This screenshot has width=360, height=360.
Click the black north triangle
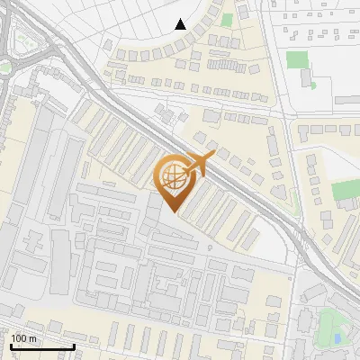point(181,24)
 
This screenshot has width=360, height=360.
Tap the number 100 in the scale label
point(19,338)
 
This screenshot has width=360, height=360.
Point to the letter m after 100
point(32,338)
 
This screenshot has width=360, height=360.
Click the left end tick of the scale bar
point(12,346)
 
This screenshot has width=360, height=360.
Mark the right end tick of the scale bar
point(74,346)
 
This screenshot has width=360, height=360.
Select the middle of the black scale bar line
point(42,346)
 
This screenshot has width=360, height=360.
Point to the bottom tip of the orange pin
point(173,212)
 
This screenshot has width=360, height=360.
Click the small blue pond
point(337,338)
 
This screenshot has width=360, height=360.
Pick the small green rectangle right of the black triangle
point(226,19)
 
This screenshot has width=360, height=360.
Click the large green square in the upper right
point(297,60)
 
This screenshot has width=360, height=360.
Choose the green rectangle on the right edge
point(346,190)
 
